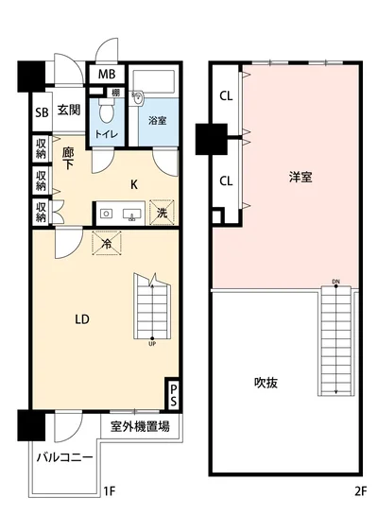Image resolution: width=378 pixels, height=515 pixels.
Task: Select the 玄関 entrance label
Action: (68, 112)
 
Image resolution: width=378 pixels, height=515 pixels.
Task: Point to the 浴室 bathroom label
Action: (157, 121)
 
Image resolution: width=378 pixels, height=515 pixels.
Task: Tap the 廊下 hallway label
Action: (68, 157)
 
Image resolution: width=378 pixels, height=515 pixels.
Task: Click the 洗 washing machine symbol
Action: (163, 214)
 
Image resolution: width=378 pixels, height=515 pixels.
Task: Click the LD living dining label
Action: (83, 319)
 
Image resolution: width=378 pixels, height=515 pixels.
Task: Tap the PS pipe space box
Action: (173, 390)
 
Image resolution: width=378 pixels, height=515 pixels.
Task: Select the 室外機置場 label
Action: (139, 426)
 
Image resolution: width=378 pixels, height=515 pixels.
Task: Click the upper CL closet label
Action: (227, 95)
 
